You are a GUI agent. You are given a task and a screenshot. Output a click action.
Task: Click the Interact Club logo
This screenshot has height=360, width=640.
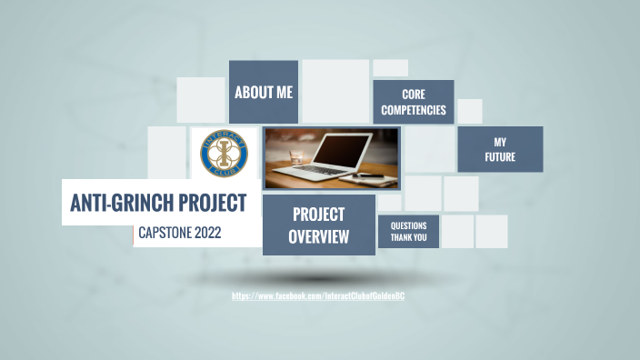point(223,153)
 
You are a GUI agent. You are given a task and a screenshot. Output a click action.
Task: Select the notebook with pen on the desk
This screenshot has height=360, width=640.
point(373,174)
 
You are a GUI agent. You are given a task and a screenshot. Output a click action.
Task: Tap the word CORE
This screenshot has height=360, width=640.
point(414,95)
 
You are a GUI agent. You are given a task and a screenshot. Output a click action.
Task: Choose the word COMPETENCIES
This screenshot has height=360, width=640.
point(414,110)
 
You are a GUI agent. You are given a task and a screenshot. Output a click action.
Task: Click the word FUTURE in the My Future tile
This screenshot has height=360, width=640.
point(500,157)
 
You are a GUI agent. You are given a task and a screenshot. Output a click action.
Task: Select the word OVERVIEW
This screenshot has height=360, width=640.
point(318,237)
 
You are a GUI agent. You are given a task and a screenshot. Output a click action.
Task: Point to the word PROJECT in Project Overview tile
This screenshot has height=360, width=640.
point(318,215)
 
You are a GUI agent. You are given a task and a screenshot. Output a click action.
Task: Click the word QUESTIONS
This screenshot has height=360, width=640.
point(409,225)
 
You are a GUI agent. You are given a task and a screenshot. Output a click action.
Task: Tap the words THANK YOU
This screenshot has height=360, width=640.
point(409,238)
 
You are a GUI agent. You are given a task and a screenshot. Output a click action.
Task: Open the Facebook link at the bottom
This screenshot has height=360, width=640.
point(325,296)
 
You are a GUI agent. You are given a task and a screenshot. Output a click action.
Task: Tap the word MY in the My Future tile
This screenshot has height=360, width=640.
point(500,143)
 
